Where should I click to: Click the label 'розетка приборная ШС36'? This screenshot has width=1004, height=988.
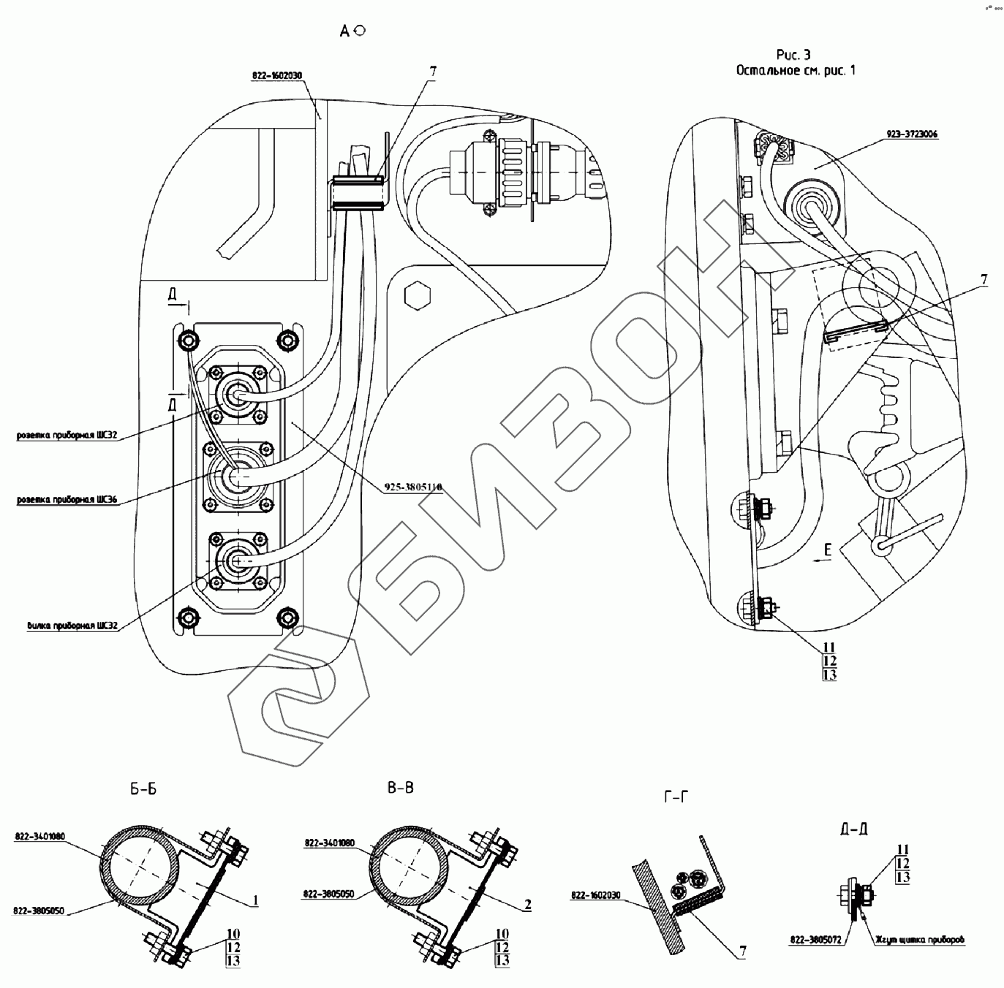[68, 501]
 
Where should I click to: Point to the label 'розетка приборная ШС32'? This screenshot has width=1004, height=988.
[68, 436]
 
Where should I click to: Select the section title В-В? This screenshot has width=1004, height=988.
[401, 788]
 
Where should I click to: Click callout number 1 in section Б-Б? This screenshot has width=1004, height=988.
[256, 900]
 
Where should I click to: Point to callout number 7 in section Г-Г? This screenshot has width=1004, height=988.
[741, 951]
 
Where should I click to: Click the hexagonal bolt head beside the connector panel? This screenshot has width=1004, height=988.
[418, 295]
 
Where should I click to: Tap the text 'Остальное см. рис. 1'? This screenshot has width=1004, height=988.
[795, 70]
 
